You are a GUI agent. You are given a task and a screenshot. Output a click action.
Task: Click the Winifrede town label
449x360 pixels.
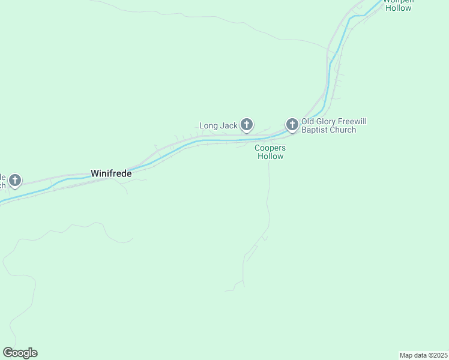pos(111,173)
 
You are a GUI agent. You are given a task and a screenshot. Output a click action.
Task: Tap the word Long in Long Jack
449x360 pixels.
pos(209,126)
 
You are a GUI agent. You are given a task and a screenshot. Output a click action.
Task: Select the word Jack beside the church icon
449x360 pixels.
pos(229,126)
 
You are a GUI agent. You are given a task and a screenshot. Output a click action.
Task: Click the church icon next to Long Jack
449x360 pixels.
pos(246,125)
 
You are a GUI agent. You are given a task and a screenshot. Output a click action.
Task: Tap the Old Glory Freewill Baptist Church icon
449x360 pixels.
pos(292,124)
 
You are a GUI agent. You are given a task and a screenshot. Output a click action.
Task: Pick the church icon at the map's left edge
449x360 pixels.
pos(15,180)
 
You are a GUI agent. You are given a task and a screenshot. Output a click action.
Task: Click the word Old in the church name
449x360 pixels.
pos(308,122)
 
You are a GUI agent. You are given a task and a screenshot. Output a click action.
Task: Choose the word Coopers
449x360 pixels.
pos(270,148)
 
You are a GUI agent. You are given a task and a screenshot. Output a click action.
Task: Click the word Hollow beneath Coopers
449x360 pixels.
pos(270,156)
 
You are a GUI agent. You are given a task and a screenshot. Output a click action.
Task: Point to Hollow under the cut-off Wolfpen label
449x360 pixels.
pos(399,8)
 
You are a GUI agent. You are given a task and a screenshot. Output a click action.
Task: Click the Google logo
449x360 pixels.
pos(20,353)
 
